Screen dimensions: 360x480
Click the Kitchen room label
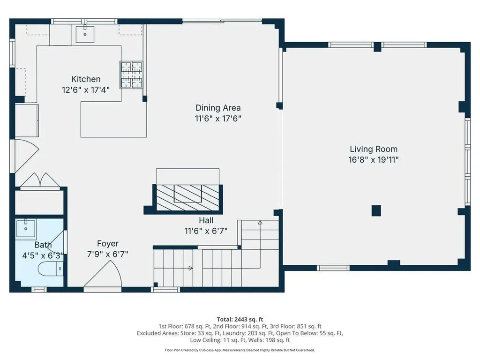86,79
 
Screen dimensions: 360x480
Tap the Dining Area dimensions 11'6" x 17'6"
218,119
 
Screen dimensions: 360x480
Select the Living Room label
374,149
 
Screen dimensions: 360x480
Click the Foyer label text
108,243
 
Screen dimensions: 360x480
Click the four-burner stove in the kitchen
131,75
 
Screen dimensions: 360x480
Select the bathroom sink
26,229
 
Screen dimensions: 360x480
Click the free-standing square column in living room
376,210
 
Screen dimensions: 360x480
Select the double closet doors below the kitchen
40,181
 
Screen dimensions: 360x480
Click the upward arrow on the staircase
260,223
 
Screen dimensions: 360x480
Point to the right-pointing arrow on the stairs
190,268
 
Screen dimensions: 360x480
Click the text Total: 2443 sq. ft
240,319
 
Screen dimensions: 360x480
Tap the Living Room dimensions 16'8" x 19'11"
374,159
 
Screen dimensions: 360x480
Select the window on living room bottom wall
333,268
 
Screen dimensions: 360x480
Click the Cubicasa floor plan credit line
240,350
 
